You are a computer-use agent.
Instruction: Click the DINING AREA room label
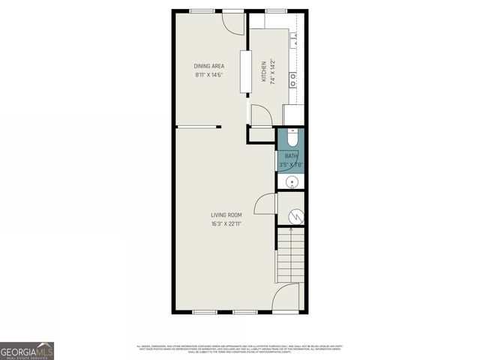click(209, 66)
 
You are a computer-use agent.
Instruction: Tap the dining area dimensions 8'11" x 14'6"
click(209, 75)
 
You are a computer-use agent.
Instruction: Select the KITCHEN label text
click(263, 72)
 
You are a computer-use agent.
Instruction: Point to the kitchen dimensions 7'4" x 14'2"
click(272, 72)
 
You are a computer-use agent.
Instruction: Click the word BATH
click(290, 156)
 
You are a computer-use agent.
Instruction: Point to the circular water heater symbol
click(295, 216)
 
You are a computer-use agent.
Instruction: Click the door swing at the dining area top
click(235, 22)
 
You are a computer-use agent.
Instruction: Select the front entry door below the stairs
click(286, 299)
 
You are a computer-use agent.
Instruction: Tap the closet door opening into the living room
click(266, 203)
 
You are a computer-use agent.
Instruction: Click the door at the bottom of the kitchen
click(261, 116)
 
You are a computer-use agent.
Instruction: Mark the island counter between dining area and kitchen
click(245, 72)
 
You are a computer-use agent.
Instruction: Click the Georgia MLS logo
click(27, 350)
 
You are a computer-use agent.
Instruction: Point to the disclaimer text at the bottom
click(239, 348)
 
